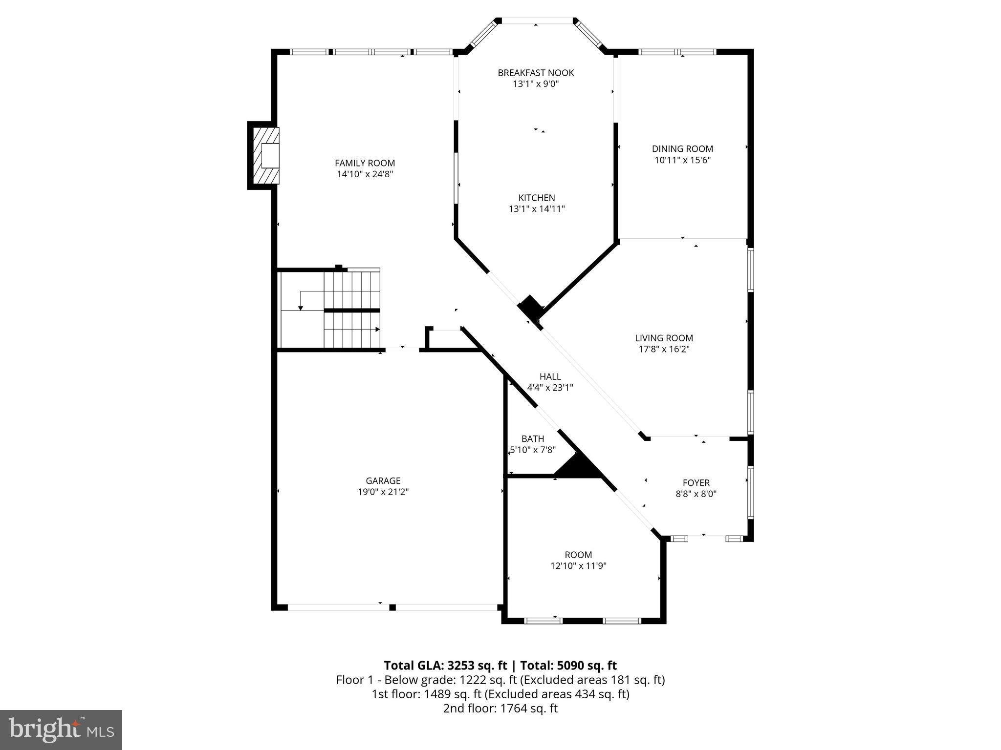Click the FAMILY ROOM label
[365, 163]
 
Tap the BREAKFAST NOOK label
[536, 73]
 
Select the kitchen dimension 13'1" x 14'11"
[537, 209]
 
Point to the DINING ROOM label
[682, 149]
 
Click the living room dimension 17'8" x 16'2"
[664, 349]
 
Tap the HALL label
[550, 376]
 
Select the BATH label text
[532, 438]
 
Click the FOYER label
[696, 483]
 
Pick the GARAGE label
[383, 481]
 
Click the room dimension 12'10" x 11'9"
[578, 566]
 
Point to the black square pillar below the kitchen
[530, 308]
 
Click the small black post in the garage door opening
[392, 607]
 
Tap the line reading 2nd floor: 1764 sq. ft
[500, 708]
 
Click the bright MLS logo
[61, 729]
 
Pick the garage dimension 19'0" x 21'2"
[383, 492]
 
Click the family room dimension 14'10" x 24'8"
[365, 174]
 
